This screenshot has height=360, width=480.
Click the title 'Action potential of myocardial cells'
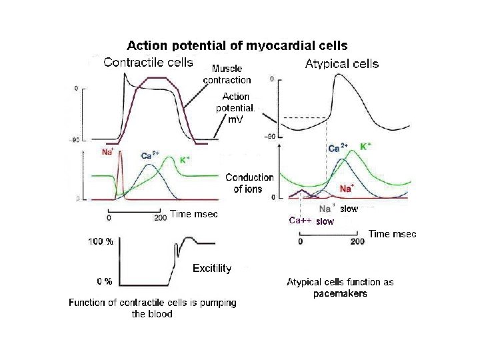point(237,46)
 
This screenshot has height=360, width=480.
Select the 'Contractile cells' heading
point(149,63)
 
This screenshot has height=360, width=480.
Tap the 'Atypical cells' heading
point(341,64)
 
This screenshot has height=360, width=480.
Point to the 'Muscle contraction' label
point(227,73)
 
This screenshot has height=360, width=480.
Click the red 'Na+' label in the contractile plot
point(107,151)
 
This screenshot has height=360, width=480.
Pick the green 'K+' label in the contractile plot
point(185,160)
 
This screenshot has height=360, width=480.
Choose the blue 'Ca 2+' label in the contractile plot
point(151,155)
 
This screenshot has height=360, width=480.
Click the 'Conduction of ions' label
point(249,183)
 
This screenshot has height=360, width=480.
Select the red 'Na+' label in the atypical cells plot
point(347,189)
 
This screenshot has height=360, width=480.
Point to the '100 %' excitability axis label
point(101,242)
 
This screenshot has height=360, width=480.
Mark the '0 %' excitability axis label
point(103,280)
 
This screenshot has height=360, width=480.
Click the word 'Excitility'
point(211,268)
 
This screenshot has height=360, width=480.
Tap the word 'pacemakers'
point(340,293)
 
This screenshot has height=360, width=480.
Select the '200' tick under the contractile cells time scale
point(160,218)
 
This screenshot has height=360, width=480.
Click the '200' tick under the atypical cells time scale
point(357,241)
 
